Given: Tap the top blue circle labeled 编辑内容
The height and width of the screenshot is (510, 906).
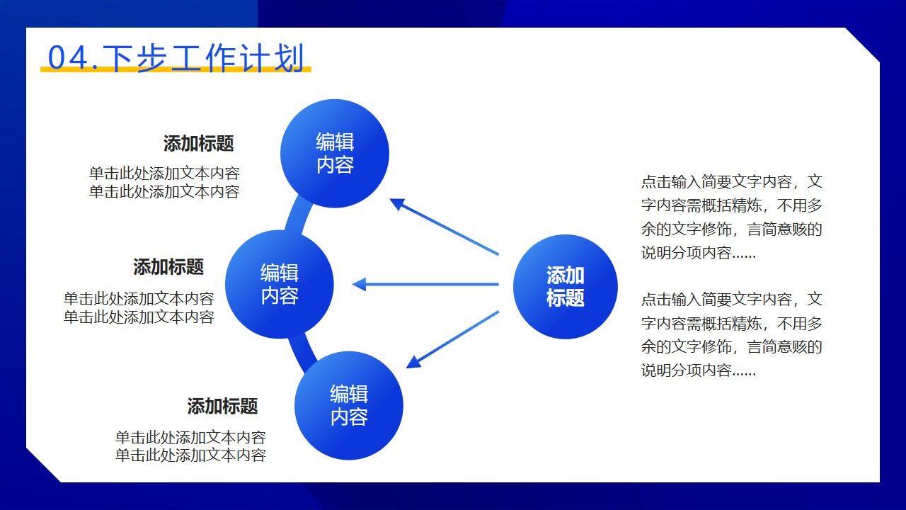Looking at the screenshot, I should pos(335,154).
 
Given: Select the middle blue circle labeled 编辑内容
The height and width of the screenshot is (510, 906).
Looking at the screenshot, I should pos(280,284).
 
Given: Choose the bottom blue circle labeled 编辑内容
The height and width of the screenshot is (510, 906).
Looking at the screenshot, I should pos(348,406).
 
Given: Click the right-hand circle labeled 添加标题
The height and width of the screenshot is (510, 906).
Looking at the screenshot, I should pos(565,286).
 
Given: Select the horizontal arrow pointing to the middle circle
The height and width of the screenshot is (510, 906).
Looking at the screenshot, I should pos(425,285).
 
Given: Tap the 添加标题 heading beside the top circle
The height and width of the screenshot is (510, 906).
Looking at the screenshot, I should pos(198,144).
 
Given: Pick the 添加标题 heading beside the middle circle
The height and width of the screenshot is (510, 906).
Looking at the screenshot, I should pos(168,267).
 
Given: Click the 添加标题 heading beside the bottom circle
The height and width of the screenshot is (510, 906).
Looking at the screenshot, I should pos(222,407).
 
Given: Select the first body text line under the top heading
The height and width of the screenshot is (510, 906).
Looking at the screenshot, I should pos(164,174).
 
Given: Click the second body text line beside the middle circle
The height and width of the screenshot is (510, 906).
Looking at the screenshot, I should pos(139,317).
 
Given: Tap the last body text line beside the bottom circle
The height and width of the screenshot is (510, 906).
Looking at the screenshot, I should pos(190,455).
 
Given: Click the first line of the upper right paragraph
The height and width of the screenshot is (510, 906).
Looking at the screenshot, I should pos(731,182).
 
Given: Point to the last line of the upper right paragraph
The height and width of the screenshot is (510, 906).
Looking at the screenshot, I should pos(699,254).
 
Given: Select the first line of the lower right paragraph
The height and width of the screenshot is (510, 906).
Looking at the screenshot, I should pos(731,300).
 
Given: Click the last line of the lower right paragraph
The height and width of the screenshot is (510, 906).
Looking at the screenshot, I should pos(699,371).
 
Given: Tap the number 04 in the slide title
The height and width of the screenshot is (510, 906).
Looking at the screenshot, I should pos(67,58).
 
